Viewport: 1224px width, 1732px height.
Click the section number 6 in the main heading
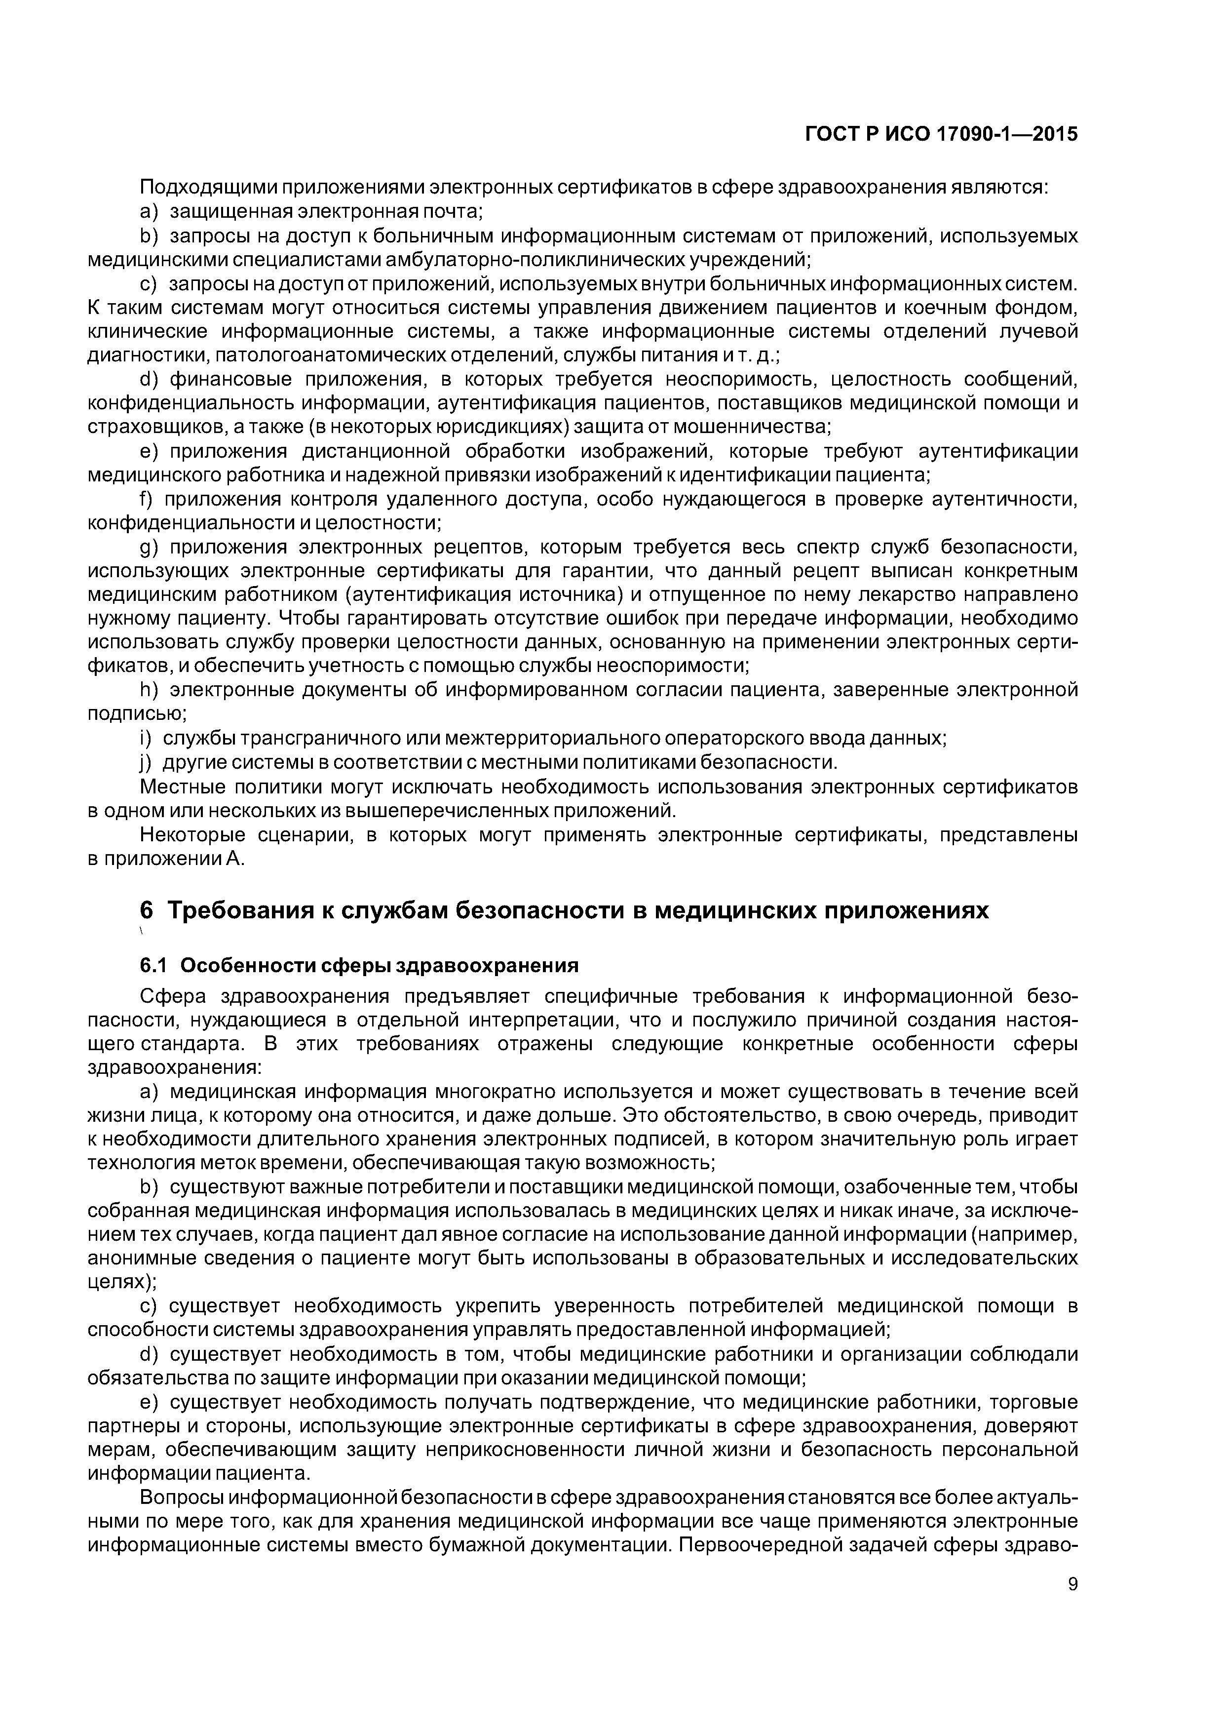(146, 910)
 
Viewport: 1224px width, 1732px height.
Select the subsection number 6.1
(155, 966)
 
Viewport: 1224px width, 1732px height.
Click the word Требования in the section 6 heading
(242, 910)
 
